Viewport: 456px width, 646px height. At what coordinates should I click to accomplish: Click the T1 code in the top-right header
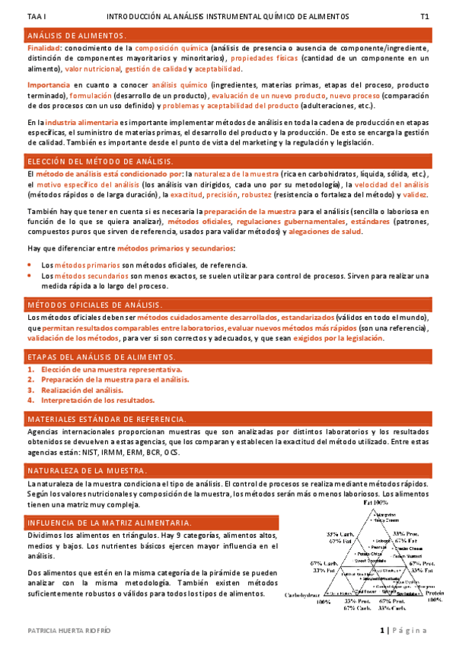[425, 16]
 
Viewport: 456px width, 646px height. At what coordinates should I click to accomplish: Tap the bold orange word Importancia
[47, 85]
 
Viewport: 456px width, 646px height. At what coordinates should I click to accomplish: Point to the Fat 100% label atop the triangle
[374, 504]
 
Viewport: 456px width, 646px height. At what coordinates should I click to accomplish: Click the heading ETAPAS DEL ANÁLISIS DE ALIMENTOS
[101, 357]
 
